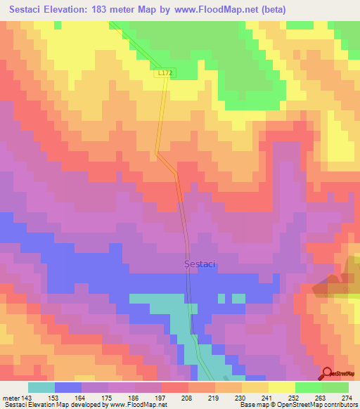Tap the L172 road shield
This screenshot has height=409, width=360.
coord(163,72)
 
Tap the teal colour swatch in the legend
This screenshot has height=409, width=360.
coord(41,387)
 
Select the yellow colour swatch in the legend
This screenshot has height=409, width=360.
coord(282,387)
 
